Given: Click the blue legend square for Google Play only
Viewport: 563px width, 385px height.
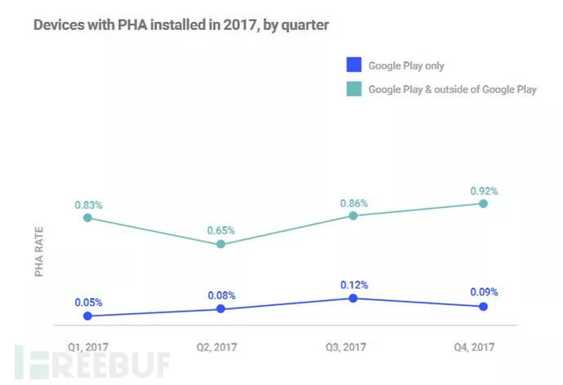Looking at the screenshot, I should coord(353,66).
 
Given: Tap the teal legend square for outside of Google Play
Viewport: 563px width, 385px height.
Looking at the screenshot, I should coord(353,89).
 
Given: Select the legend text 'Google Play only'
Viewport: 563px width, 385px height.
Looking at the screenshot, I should coord(406,66).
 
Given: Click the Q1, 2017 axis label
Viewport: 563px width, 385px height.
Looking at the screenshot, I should coord(87,347).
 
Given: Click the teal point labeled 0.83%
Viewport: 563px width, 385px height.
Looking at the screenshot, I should coord(87,218).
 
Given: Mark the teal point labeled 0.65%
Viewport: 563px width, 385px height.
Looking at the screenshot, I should coord(220,244).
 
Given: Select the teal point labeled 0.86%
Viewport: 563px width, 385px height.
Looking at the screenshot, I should coord(352,215).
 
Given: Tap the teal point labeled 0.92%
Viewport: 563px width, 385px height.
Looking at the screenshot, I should coord(483,203).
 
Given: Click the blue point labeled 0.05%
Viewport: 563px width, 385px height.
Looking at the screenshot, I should coord(87,316).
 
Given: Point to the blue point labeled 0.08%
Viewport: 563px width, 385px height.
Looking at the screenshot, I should coord(220,309).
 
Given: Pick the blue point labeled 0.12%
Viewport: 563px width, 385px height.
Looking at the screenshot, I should coord(352,299).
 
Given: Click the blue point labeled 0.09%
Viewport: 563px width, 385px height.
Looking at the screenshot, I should coord(483,306).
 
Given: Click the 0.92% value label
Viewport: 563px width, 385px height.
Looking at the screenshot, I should coord(484,191).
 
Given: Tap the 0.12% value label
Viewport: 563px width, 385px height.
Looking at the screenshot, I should coord(354,285).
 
